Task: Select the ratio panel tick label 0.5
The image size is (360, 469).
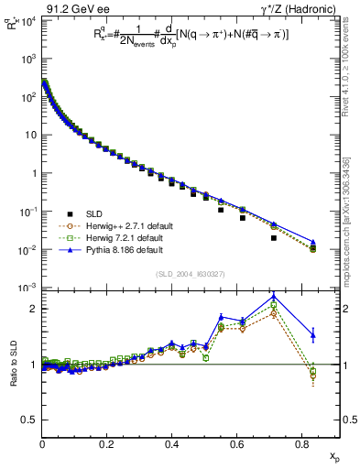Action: pos(29,420)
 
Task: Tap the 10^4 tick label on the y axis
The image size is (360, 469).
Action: pos(28,20)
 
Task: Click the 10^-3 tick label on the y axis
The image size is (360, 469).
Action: pos(28,288)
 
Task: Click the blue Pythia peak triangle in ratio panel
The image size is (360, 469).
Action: pos(275,295)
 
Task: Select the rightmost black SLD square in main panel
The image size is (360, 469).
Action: pos(313,249)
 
